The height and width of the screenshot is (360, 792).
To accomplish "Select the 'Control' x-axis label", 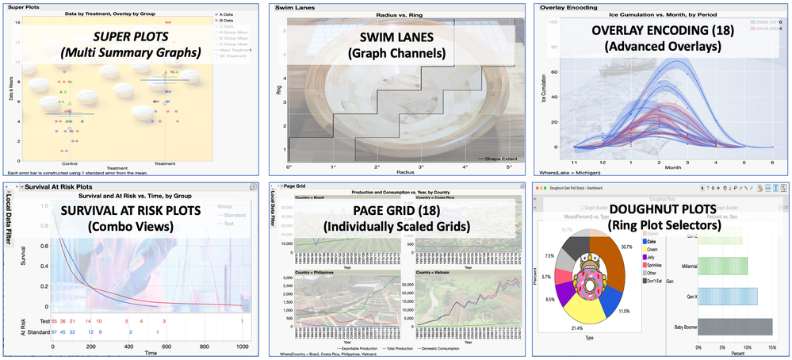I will click(x=70, y=163).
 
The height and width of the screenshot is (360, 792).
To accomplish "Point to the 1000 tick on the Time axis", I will click(x=241, y=347).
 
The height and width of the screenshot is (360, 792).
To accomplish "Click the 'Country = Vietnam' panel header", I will click(x=430, y=272).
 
